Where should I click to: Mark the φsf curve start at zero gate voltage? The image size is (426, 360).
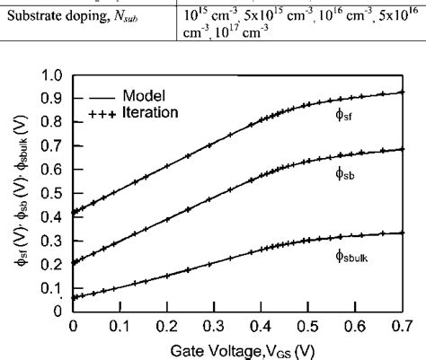(x=74, y=212)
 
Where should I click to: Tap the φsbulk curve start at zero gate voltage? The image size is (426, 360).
(x=74, y=297)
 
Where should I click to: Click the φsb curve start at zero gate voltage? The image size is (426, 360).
(x=74, y=262)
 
